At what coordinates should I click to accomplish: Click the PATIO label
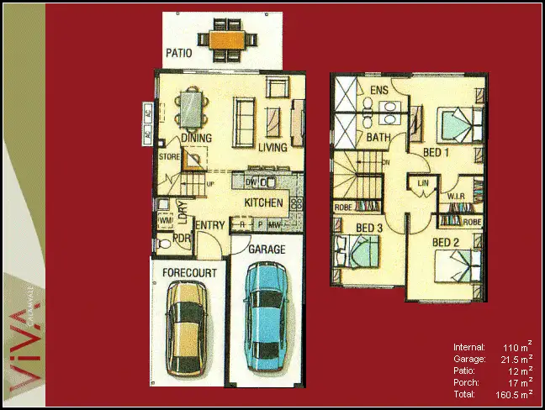178,52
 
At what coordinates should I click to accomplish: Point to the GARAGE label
266,250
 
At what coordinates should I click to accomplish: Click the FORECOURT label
190,273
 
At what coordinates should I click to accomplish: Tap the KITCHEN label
263,204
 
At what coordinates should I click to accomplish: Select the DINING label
195,139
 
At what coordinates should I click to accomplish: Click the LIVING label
273,148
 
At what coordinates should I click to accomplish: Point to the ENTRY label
209,225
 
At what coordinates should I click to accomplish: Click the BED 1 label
436,152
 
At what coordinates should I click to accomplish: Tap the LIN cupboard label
423,182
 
